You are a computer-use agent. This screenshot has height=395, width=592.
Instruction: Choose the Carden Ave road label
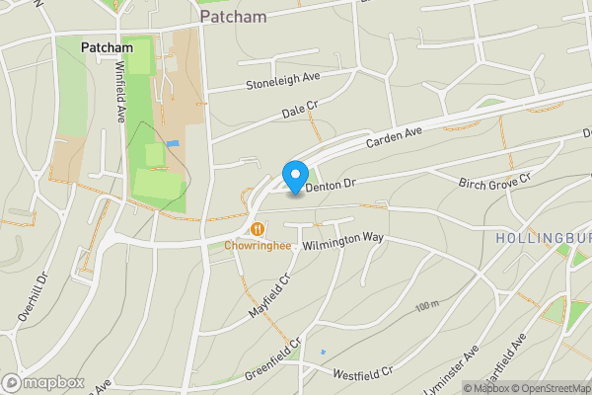394,137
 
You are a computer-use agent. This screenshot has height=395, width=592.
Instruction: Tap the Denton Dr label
329,183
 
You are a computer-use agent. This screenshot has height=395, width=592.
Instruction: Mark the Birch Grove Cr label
495,180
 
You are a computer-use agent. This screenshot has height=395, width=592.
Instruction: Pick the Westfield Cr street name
363,374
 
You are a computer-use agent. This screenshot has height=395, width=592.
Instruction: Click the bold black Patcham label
107,46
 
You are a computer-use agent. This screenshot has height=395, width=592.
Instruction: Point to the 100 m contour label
426,306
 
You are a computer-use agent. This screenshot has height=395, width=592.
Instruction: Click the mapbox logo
42,382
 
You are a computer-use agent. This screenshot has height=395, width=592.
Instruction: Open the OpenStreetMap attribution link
550,388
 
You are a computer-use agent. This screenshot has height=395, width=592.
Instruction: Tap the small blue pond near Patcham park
175,144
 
